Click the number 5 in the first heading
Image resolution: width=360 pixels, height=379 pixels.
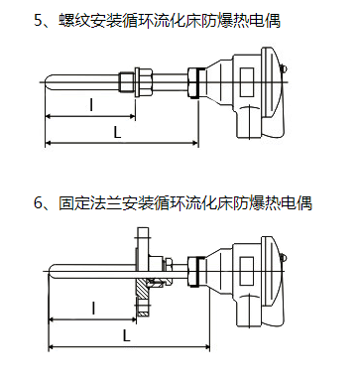click(x=39, y=21)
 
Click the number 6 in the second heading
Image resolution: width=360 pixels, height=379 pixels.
click(x=39, y=202)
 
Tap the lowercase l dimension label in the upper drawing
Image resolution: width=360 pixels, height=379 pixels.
click(x=91, y=104)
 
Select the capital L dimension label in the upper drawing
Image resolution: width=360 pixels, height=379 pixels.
click(x=117, y=133)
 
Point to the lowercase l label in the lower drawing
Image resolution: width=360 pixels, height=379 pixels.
click(x=93, y=309)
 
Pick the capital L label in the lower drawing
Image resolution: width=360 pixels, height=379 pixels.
click(x=127, y=336)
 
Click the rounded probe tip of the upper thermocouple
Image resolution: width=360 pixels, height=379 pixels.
click(x=46, y=82)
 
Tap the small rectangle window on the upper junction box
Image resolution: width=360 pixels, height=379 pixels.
click(x=247, y=82)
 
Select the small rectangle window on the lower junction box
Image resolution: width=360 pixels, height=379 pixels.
click(x=247, y=271)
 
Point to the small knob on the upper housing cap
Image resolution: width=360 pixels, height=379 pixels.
click(x=284, y=69)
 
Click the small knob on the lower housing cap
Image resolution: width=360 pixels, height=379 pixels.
click(x=284, y=258)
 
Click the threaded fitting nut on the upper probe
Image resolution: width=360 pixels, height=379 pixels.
click(x=144, y=82)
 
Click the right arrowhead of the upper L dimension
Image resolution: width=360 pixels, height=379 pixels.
click(x=195, y=143)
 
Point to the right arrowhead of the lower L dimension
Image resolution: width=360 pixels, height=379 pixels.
click(x=206, y=347)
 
